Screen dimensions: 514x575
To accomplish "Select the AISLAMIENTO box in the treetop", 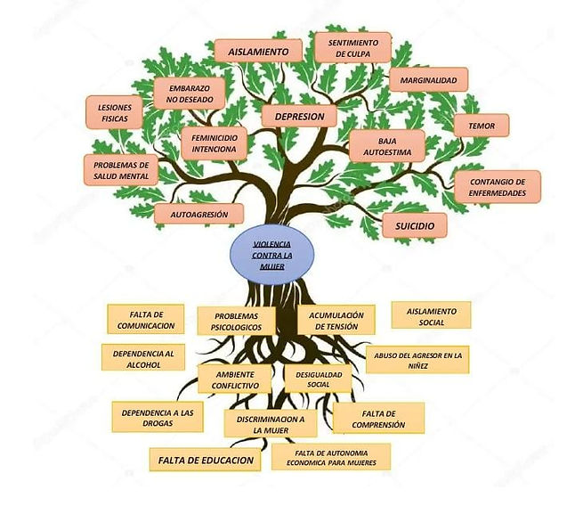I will [x=257, y=52].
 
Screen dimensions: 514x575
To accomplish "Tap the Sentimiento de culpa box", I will [x=352, y=47].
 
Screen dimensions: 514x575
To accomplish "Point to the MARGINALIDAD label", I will [x=428, y=80].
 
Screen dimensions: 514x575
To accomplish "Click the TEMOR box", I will [x=481, y=126].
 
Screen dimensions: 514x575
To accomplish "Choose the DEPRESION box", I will [x=298, y=116].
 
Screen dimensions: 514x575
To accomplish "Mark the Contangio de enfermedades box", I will [x=498, y=186].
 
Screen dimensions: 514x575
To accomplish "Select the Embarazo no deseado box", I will [x=189, y=93].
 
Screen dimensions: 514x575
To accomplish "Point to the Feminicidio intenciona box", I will [x=214, y=143].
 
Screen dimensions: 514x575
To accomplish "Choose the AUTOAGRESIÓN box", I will [x=198, y=214].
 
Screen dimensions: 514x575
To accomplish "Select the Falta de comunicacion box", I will [x=145, y=319].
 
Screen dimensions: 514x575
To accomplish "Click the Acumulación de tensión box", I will [x=336, y=320].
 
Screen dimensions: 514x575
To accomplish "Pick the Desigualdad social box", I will [x=318, y=379].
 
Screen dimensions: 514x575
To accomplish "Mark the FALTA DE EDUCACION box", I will [x=206, y=460].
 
